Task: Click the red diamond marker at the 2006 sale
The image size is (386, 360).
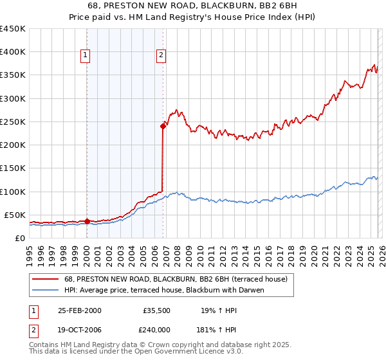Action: pos(163,127)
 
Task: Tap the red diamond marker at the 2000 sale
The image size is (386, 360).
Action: pos(87,222)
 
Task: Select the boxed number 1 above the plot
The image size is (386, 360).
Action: pos(86,56)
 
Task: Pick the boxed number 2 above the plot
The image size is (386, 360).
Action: pos(160,56)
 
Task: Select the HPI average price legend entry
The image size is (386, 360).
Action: pos(164,290)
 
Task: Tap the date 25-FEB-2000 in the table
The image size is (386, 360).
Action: pos(79,310)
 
